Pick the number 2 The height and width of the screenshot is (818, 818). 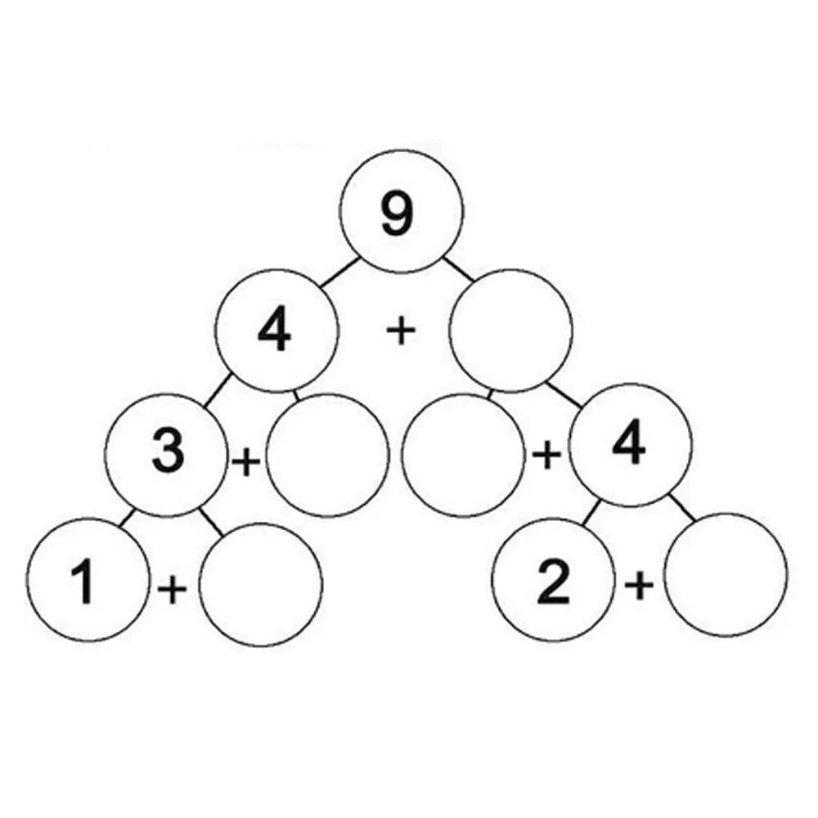pos(553,584)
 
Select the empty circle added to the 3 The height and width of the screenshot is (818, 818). pos(327,455)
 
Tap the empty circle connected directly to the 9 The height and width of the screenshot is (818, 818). pos(511,330)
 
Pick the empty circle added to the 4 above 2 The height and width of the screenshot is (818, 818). pos(463,455)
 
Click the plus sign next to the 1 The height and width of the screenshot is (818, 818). pos(172,588)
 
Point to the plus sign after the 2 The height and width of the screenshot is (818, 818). pos(640,584)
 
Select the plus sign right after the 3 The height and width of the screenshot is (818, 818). pos(245,462)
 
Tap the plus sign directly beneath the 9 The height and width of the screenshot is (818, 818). pos(400,331)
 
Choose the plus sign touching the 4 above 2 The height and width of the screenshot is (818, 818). pos(546,456)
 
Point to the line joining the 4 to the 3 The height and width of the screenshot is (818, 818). pos(214,392)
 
